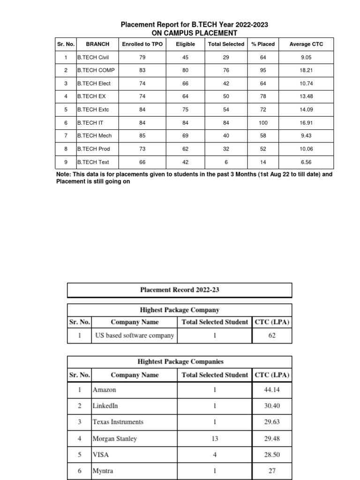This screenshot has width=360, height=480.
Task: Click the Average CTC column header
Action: coord(306,44)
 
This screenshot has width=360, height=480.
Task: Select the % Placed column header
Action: coord(263,44)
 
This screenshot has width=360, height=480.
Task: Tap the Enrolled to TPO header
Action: coord(142,44)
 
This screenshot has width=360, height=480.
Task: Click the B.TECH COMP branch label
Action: coord(96,70)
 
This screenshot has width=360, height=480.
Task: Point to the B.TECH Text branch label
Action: coord(93,162)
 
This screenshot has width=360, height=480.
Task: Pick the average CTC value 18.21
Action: coord(306,70)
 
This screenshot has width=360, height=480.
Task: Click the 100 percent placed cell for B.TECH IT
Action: coord(263,123)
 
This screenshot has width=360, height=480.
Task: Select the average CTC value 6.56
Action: coord(306,162)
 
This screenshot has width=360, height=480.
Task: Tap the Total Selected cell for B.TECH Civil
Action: coord(226,57)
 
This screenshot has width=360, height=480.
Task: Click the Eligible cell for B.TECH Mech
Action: coord(185,136)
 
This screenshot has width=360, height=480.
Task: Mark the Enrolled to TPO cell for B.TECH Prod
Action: coord(142,149)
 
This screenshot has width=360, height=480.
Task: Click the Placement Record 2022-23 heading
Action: coord(180,290)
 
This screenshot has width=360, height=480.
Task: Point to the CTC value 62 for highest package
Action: coord(272,335)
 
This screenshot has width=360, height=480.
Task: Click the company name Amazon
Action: coord(105,390)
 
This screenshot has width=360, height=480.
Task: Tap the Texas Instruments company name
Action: coord(118,422)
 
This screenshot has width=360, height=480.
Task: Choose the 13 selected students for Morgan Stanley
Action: coord(214,439)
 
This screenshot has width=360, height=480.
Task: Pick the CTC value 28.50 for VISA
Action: coord(272,455)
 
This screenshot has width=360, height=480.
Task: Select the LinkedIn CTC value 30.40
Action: coord(272,406)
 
